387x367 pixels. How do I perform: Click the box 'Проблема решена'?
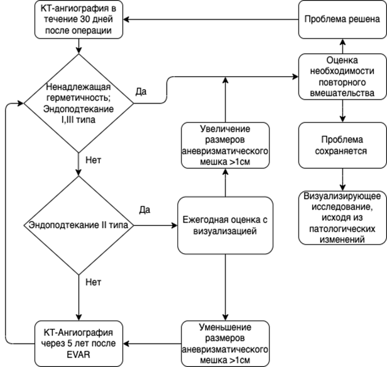(x=342, y=19)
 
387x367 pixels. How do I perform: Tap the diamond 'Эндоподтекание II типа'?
(x=79, y=225)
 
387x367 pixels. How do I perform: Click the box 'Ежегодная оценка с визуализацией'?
(x=225, y=225)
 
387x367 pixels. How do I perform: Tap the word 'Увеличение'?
(x=225, y=129)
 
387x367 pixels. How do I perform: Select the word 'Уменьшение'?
(x=225, y=328)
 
